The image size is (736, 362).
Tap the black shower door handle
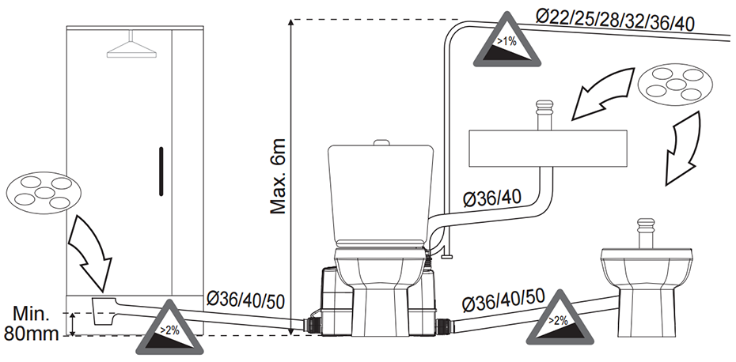point(161,172)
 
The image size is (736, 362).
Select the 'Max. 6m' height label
point(279,176)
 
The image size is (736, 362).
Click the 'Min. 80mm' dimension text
point(31,323)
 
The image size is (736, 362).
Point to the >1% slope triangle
point(507,40)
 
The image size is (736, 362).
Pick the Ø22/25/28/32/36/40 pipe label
point(615,20)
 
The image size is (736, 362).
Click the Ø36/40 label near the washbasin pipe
point(492,198)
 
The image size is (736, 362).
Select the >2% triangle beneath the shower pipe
point(169,330)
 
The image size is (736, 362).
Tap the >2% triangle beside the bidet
point(560,321)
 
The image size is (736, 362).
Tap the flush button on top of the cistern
point(381,142)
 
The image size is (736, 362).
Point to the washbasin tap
point(544,115)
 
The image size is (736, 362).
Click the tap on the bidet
point(646,233)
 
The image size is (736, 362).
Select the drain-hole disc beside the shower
point(44,193)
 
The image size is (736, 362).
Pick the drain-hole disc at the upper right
point(675,85)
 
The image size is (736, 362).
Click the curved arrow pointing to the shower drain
point(92,253)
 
